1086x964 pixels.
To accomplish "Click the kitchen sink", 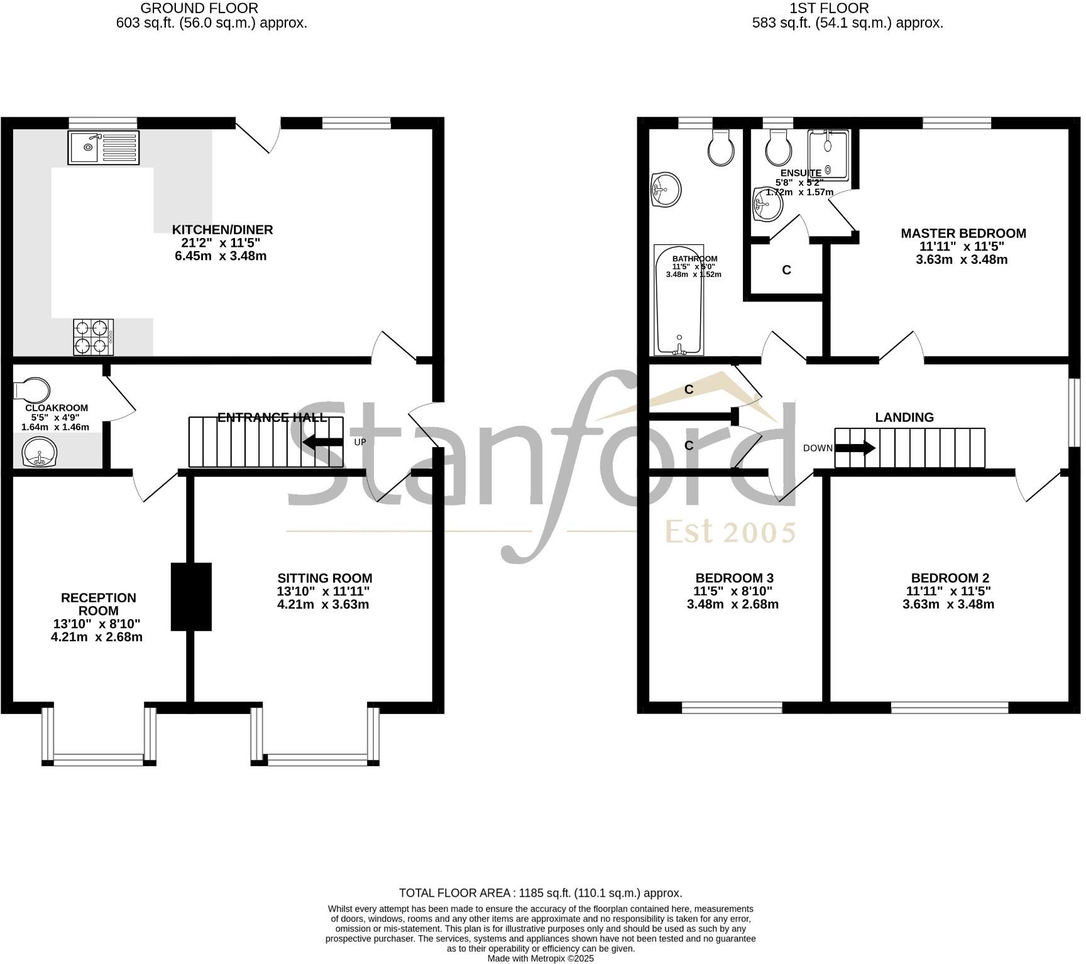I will pos(104,148).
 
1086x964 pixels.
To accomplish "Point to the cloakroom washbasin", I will pos(40,452).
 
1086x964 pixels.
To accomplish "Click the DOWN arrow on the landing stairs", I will pos(854,448).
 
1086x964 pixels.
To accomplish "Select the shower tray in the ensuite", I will pos(828,155).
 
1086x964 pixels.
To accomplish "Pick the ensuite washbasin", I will pos(767,204).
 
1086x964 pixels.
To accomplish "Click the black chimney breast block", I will pos(192,596).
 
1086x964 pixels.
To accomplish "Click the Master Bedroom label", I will pos(963,234).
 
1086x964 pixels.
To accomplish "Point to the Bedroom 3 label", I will pos(734,578).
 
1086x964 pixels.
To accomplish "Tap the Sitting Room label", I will pos(324,578).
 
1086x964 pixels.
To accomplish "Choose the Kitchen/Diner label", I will pos(222,230).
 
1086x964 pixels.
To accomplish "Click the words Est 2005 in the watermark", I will pos(730,533).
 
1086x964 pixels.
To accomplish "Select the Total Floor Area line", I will pos(540,892).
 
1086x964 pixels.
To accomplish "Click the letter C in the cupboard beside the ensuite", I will pos(786,270).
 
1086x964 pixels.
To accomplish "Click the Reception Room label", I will pos(98,604).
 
